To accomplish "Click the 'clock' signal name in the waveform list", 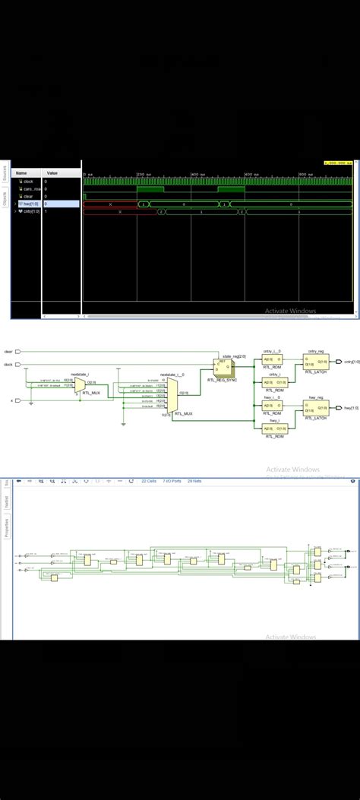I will (28, 182).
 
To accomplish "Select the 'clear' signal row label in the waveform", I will (28, 196).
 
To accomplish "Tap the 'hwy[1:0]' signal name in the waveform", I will (30, 204).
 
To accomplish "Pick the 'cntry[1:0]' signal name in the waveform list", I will (31, 211).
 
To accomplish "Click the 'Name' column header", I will (21, 173).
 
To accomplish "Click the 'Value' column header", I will (52, 173).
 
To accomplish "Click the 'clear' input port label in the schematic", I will (8, 352).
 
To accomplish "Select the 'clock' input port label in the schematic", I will (8, 365).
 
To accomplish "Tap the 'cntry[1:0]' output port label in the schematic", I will (352, 362).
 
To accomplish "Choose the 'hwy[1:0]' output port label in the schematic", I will (352, 409).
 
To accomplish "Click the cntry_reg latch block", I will (315, 362).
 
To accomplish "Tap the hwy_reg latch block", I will (315, 409).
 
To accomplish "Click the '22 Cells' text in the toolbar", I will (149, 481).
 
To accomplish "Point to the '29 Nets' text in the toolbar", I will (194, 481).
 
